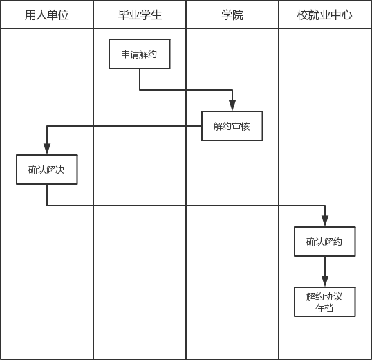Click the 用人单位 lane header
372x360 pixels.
coord(47,15)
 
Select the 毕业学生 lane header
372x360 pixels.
coord(140,15)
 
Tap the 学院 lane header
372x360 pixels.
coord(232,15)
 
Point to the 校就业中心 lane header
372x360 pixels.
coord(325,15)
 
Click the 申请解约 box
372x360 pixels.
coord(140,54)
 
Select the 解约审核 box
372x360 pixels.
coord(232,126)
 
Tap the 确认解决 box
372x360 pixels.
coord(47,170)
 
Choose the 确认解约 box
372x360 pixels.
coord(325,242)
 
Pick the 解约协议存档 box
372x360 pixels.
coord(325,302)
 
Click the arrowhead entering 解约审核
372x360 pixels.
coord(232,105)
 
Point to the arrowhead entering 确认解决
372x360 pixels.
coord(47,149)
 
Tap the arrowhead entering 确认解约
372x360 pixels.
coord(325,221)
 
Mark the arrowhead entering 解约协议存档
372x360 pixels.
coord(325,281)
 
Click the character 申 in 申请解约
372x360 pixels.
coord(125,55)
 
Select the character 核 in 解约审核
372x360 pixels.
coord(245,127)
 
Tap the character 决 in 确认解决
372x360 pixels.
coord(60,170)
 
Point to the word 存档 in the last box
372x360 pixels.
coord(324,308)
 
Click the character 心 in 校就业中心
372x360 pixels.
coord(347,15)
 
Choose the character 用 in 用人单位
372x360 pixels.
coord(30,15)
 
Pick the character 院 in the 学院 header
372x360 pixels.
coord(238,15)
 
